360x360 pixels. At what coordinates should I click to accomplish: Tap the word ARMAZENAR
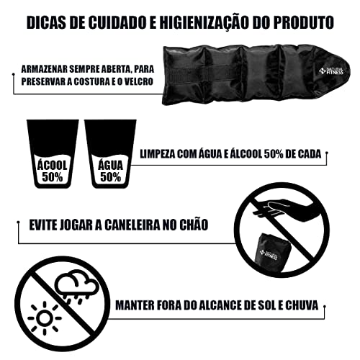click(x=49, y=67)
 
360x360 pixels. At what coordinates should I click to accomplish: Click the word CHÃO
click(x=192, y=225)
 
